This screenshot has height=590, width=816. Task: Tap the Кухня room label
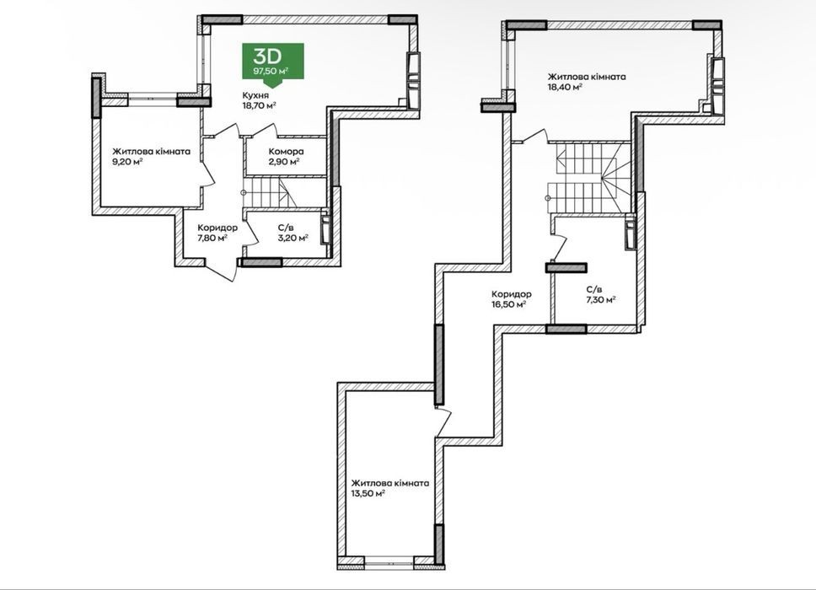pyautogui.click(x=255, y=95)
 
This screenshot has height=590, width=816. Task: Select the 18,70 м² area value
pyautogui.click(x=259, y=105)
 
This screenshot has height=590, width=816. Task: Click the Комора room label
pyautogui.click(x=287, y=152)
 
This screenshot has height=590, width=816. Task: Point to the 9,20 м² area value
pyautogui.click(x=128, y=162)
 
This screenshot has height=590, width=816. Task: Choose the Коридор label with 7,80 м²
pyautogui.click(x=217, y=228)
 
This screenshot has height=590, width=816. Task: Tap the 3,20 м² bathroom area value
pyautogui.click(x=293, y=238)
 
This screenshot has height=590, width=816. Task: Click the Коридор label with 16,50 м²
pyautogui.click(x=512, y=294)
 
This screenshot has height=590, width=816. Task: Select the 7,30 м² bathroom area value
pyautogui.click(x=601, y=300)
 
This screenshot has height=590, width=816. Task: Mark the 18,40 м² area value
pyautogui.click(x=565, y=88)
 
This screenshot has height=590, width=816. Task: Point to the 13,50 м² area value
pyautogui.click(x=368, y=494)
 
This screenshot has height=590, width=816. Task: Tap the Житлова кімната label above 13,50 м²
pyautogui.click(x=390, y=483)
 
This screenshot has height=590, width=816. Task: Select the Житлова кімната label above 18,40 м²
pyautogui.click(x=587, y=77)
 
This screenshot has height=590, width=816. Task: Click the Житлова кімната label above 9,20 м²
pyautogui.click(x=152, y=152)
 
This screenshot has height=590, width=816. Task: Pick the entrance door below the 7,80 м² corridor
pyautogui.click(x=222, y=270)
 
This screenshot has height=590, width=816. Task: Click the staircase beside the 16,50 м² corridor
pyautogui.click(x=590, y=177)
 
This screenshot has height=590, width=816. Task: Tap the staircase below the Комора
pyautogui.click(x=271, y=192)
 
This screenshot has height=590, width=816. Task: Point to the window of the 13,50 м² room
pyautogui.click(x=389, y=560)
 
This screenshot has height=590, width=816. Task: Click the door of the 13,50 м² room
pyautogui.click(x=443, y=422)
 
